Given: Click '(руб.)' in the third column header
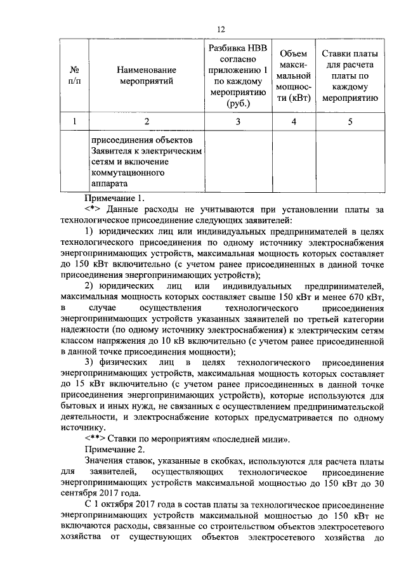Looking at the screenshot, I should pyautogui.click(x=238, y=104).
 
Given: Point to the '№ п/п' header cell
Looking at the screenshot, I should pyautogui.click(x=75, y=75).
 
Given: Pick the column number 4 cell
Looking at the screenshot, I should pyautogui.click(x=294, y=122).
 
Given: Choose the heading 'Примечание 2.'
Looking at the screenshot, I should pyautogui.click(x=110, y=449).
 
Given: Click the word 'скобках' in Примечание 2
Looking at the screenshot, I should pyautogui.click(x=218, y=461).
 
